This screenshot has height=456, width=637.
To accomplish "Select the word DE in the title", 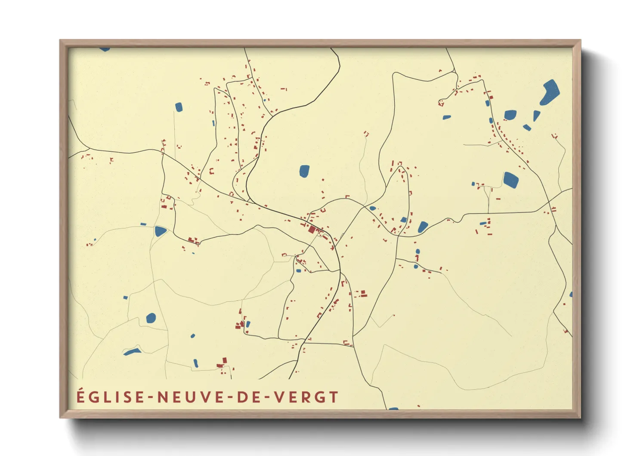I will point(244,397).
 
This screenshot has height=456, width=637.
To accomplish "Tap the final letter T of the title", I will point(333,397).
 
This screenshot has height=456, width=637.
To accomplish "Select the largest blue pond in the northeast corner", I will point(550,92).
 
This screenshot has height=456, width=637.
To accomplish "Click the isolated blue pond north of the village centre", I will point(304,171).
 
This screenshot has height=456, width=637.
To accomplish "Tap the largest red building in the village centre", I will point(312,229).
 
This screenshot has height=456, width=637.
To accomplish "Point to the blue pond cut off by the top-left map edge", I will point(105,49).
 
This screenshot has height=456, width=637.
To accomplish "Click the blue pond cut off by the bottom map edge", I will point(393,408).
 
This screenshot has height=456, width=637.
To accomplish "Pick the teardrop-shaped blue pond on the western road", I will point(160,231).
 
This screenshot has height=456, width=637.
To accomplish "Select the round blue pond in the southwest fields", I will point(151,319).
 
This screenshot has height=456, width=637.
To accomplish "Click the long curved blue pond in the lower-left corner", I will point(132,352).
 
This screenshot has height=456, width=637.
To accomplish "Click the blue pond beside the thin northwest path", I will point(179,107).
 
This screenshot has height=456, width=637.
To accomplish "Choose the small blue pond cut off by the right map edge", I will point(571,295).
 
